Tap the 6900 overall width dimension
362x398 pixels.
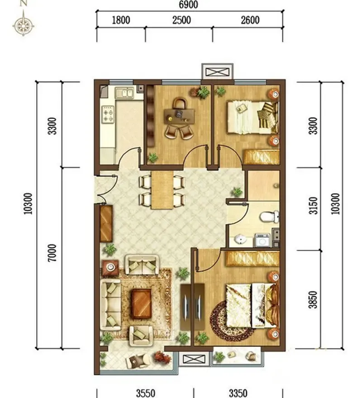tap(188, 5)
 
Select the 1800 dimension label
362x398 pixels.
tap(121, 20)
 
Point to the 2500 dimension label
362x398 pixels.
tap(181, 20)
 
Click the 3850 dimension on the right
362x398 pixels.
tap(314, 300)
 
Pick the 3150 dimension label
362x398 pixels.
tap(314, 205)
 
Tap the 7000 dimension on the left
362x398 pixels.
tap(52, 253)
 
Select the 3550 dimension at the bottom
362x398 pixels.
tap(146, 393)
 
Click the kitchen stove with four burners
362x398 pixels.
tap(108, 114)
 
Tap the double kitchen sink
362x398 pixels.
tap(124, 92)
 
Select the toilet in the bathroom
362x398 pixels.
tap(270, 217)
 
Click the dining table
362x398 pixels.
tap(162, 190)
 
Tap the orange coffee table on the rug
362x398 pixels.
tap(142, 304)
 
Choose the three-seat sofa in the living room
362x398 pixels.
tap(110, 304)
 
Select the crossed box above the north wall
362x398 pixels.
tap(217, 72)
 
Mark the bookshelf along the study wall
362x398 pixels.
tap(150, 116)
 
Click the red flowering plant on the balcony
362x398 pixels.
tap(162, 357)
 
